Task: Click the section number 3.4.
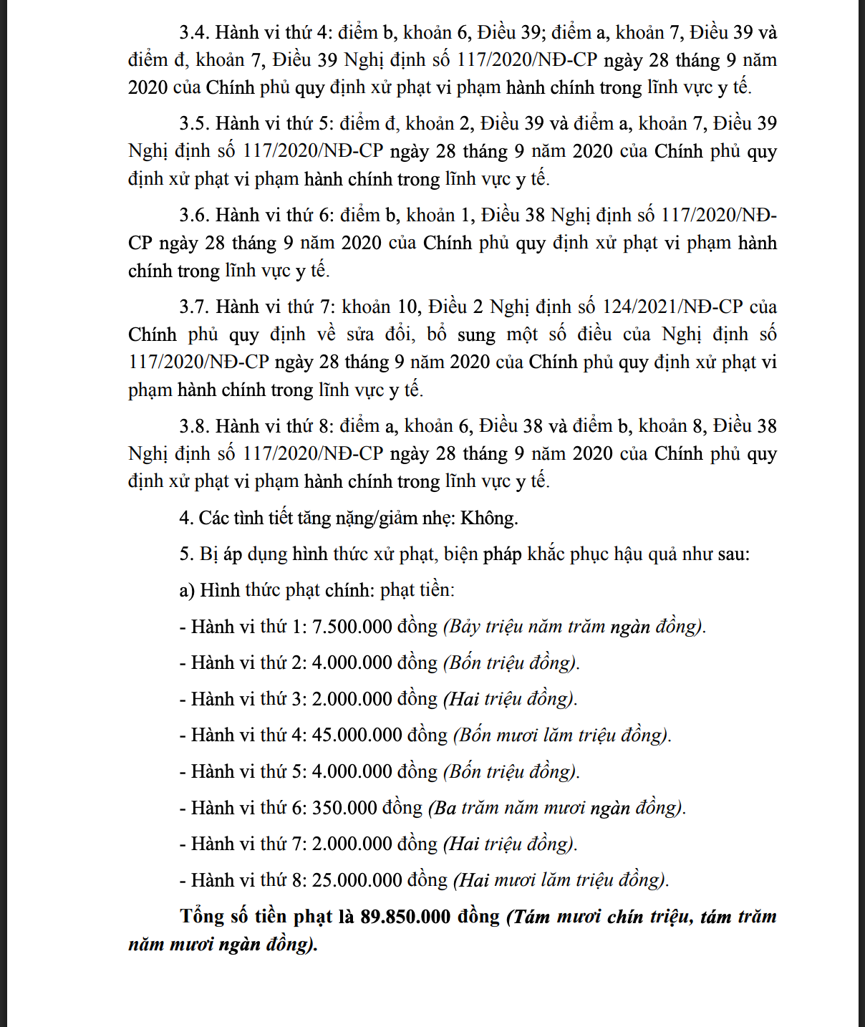click(194, 33)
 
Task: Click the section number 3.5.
click(194, 124)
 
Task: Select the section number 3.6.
click(194, 216)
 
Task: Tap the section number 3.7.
click(194, 307)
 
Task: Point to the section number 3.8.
click(194, 427)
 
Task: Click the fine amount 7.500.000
click(352, 627)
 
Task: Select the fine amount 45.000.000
click(357, 736)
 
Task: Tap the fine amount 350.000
click(344, 809)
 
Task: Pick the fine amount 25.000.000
click(357, 881)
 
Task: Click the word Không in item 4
click(489, 519)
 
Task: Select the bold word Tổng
click(203, 917)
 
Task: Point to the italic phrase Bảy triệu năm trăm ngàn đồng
click(574, 627)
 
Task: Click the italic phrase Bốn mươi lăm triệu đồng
click(562, 736)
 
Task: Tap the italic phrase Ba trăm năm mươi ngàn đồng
click(556, 809)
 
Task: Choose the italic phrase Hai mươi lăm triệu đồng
click(561, 881)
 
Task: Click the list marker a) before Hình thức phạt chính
click(187, 591)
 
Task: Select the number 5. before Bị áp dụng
click(186, 554)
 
